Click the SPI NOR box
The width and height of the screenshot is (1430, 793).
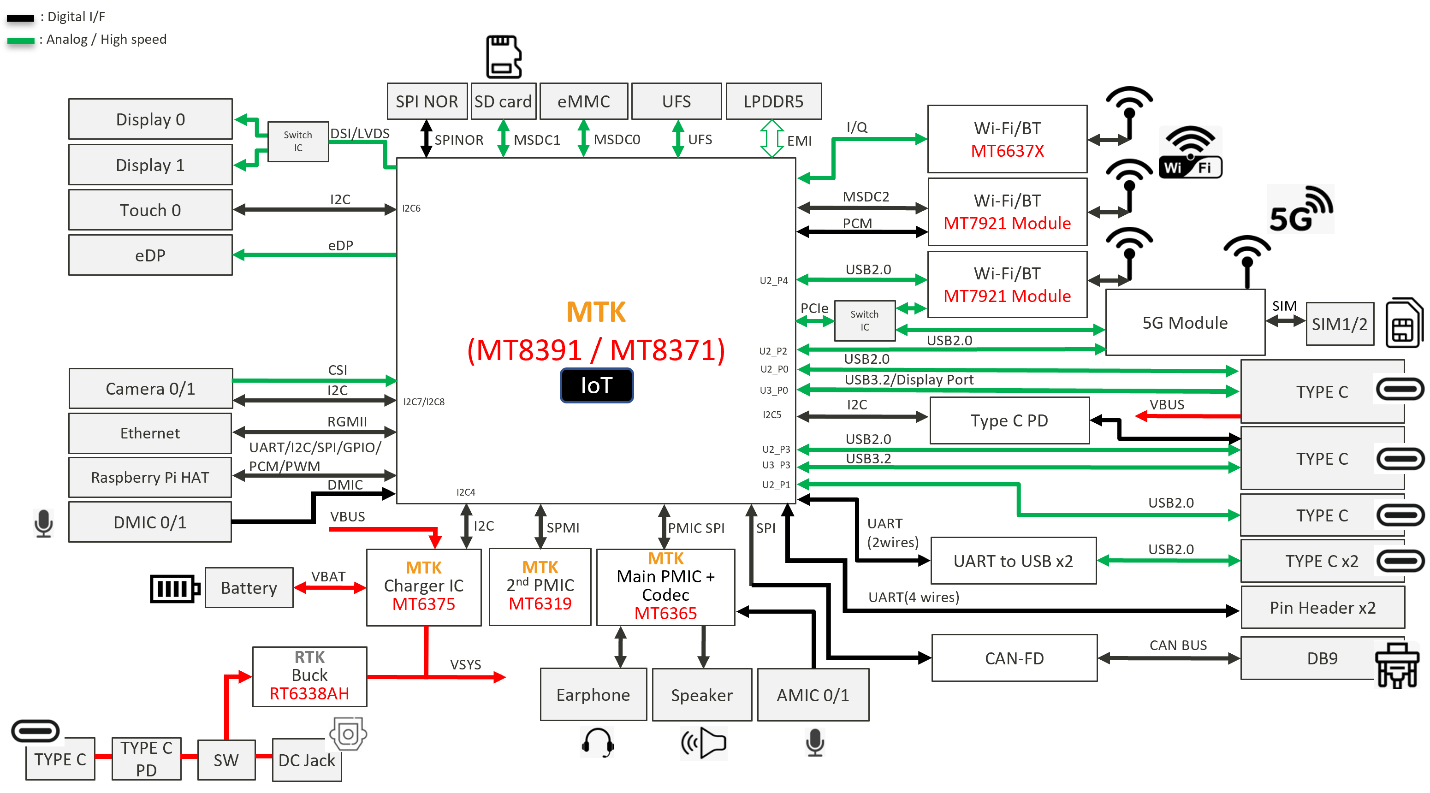click(x=427, y=101)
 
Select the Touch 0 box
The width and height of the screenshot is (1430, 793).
click(x=150, y=210)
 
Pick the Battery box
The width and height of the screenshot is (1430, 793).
click(x=249, y=588)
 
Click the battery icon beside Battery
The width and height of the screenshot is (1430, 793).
click(x=174, y=588)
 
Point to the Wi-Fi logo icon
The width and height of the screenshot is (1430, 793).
click(x=1190, y=152)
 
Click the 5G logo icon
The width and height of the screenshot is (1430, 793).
click(x=1300, y=210)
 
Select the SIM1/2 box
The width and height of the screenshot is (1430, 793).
click(x=1340, y=324)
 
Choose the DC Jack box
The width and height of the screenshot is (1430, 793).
click(x=306, y=760)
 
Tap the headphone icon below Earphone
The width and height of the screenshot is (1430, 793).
click(x=597, y=742)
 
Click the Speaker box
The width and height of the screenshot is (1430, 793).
click(x=702, y=695)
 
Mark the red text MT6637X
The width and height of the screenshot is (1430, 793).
click(x=1007, y=151)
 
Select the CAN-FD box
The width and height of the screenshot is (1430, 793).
click(x=1014, y=659)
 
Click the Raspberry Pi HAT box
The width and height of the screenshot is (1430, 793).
click(x=150, y=477)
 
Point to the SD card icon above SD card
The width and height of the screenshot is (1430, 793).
click(x=503, y=57)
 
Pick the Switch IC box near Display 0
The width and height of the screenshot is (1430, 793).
click(x=298, y=142)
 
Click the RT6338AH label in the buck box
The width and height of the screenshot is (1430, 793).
click(x=309, y=694)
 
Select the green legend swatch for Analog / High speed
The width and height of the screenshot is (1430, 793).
click(x=21, y=41)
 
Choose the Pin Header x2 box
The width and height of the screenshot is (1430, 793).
click(x=1322, y=608)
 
